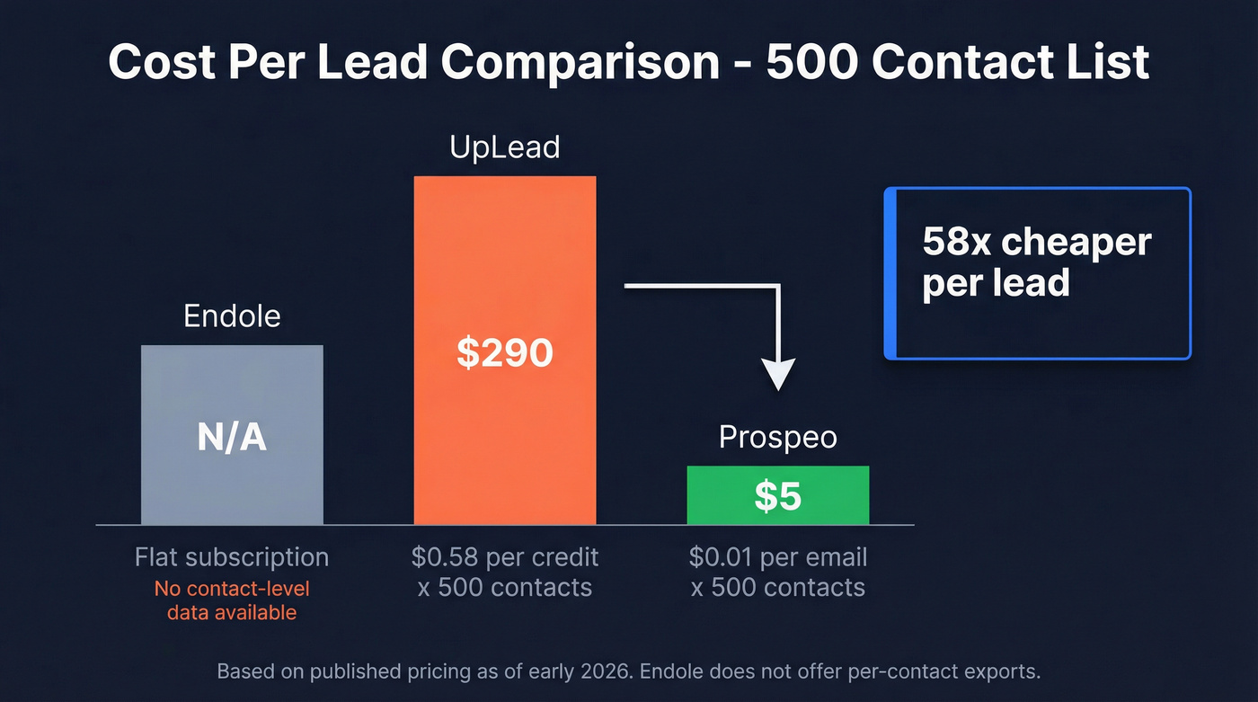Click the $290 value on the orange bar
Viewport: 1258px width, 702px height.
504,352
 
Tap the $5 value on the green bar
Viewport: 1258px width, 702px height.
777,495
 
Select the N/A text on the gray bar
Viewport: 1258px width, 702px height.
232,438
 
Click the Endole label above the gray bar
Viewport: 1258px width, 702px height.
232,316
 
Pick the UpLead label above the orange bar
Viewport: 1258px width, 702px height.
504,147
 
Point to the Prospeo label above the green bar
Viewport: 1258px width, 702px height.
777,438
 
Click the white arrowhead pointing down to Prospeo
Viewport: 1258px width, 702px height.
778,373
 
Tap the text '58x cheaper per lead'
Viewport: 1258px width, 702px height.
1036,262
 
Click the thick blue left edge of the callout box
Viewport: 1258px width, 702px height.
890,273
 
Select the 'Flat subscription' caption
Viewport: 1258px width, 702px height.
232,557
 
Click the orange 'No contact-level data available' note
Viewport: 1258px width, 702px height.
232,600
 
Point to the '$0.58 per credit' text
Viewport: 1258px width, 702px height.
504,557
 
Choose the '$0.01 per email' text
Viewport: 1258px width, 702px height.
777,557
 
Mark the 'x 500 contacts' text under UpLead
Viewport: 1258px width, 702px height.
504,588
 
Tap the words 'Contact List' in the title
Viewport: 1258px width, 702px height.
1012,63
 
